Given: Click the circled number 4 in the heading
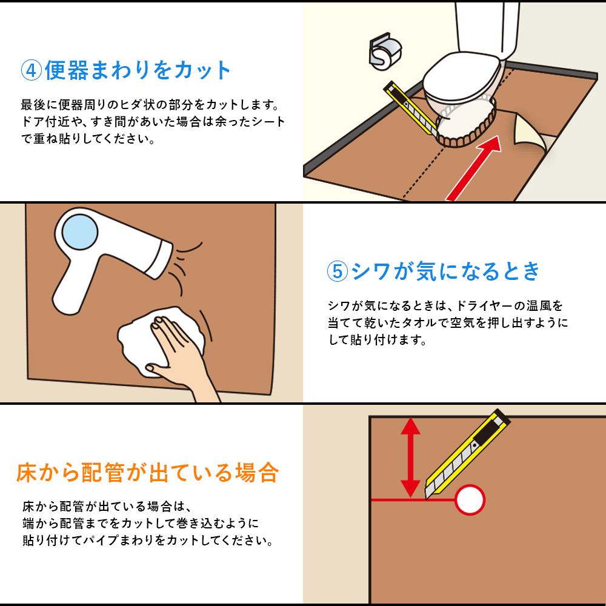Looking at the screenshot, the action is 32,70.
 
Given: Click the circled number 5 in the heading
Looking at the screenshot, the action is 338,271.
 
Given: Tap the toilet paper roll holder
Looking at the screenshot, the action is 385,52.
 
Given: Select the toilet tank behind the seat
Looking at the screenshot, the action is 487,29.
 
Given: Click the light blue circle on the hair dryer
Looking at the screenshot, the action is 80,231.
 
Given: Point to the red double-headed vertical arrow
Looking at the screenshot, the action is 410,457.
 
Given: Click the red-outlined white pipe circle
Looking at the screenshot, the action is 470,500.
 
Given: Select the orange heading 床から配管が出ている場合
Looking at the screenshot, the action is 147,472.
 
